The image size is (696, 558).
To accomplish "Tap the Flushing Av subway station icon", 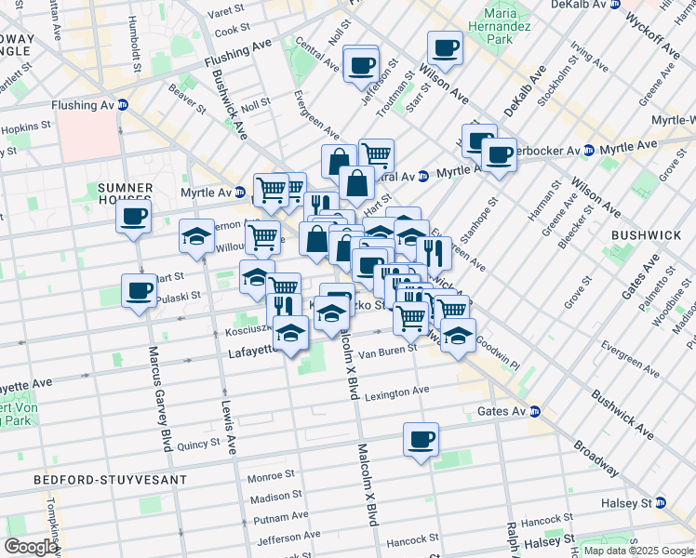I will (135, 104).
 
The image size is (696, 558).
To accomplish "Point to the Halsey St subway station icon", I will (662, 503).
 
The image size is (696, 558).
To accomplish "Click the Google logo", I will (31, 547).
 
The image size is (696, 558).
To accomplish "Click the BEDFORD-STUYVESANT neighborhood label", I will (110, 480).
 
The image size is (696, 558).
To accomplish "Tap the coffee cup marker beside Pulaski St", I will (140, 290).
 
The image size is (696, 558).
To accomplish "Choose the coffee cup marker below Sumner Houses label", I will (134, 217).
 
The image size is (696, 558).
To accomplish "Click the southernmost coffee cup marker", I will (420, 438).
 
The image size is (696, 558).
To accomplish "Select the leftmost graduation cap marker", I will (196, 237).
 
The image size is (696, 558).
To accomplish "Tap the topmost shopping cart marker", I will (376, 153).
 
